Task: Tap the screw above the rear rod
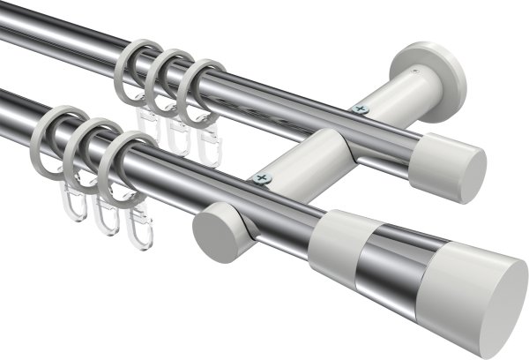click(x=359, y=109)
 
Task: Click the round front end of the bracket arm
click(x=212, y=235)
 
